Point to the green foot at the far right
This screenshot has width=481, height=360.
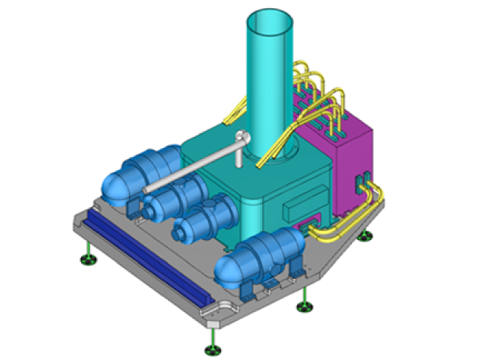coord(365,236)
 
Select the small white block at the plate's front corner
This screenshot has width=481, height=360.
coord(212,322)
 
